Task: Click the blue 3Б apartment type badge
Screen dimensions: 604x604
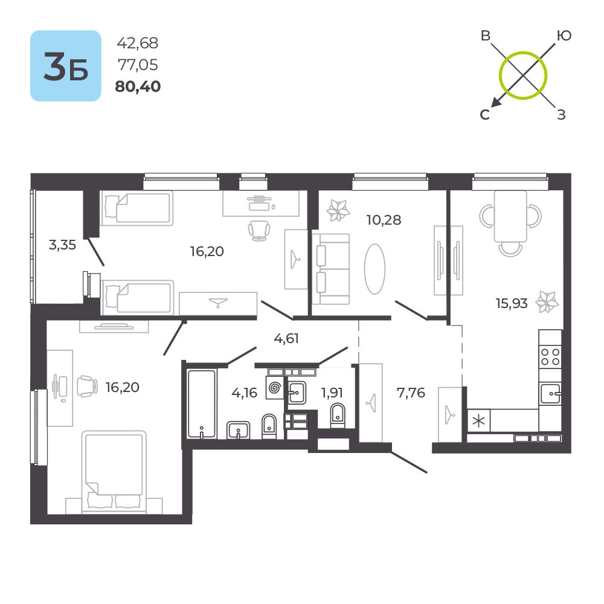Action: pos(65,66)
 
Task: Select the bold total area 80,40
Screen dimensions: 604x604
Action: pos(138,87)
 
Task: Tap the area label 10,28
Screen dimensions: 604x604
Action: pos(384,219)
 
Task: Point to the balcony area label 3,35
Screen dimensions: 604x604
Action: pos(63,245)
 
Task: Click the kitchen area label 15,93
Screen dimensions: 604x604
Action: pos(512,303)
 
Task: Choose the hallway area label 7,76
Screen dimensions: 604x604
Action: pos(411,393)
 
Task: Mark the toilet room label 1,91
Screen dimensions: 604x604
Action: pos(332,393)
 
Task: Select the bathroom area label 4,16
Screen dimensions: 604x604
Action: pos(244,393)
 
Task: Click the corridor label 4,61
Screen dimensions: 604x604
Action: pos(286,338)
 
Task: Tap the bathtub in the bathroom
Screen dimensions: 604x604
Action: pos(201,403)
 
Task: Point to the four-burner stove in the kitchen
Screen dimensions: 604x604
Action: pos(550,356)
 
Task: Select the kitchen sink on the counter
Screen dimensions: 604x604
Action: pos(550,394)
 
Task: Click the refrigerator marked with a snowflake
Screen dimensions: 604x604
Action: pos(478,421)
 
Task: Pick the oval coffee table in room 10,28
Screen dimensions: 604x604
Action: pos(374,269)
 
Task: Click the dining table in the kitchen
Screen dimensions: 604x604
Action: pos(510,216)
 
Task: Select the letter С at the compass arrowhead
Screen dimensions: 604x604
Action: pos(484,115)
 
